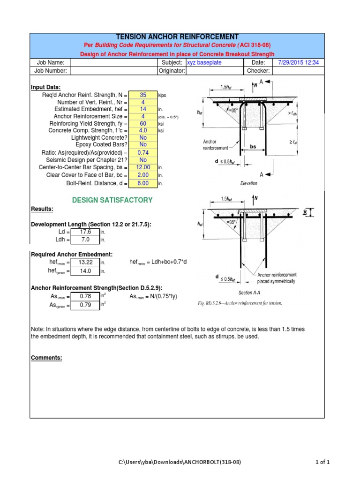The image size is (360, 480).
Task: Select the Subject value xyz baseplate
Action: point(204,62)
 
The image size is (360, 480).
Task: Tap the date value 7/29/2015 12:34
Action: point(298,62)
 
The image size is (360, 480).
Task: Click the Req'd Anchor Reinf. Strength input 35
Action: point(143,95)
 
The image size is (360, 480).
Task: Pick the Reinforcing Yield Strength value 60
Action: point(143,123)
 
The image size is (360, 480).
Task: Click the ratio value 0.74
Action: point(143,153)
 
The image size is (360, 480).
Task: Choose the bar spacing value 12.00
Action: point(143,167)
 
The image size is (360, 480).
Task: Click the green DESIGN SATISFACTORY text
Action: point(112,200)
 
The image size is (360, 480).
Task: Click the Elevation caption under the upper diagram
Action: point(249,183)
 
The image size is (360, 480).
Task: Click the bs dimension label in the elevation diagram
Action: point(253,147)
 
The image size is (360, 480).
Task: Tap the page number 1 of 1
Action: point(322,463)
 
